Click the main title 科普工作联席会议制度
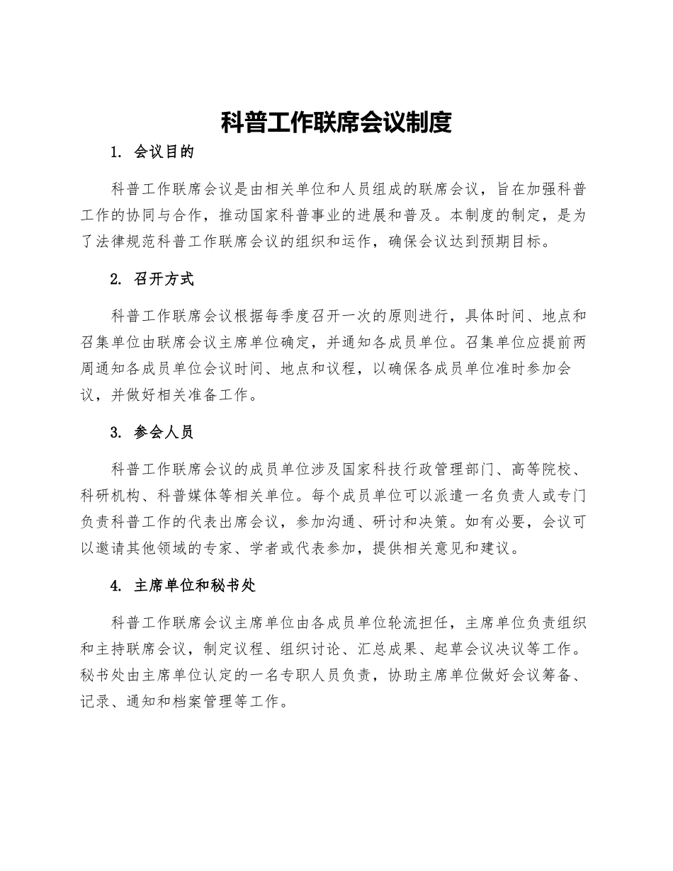336,123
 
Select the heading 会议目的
163,152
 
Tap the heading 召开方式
163,279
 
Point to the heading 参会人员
163,432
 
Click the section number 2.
115,279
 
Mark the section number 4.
115,586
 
